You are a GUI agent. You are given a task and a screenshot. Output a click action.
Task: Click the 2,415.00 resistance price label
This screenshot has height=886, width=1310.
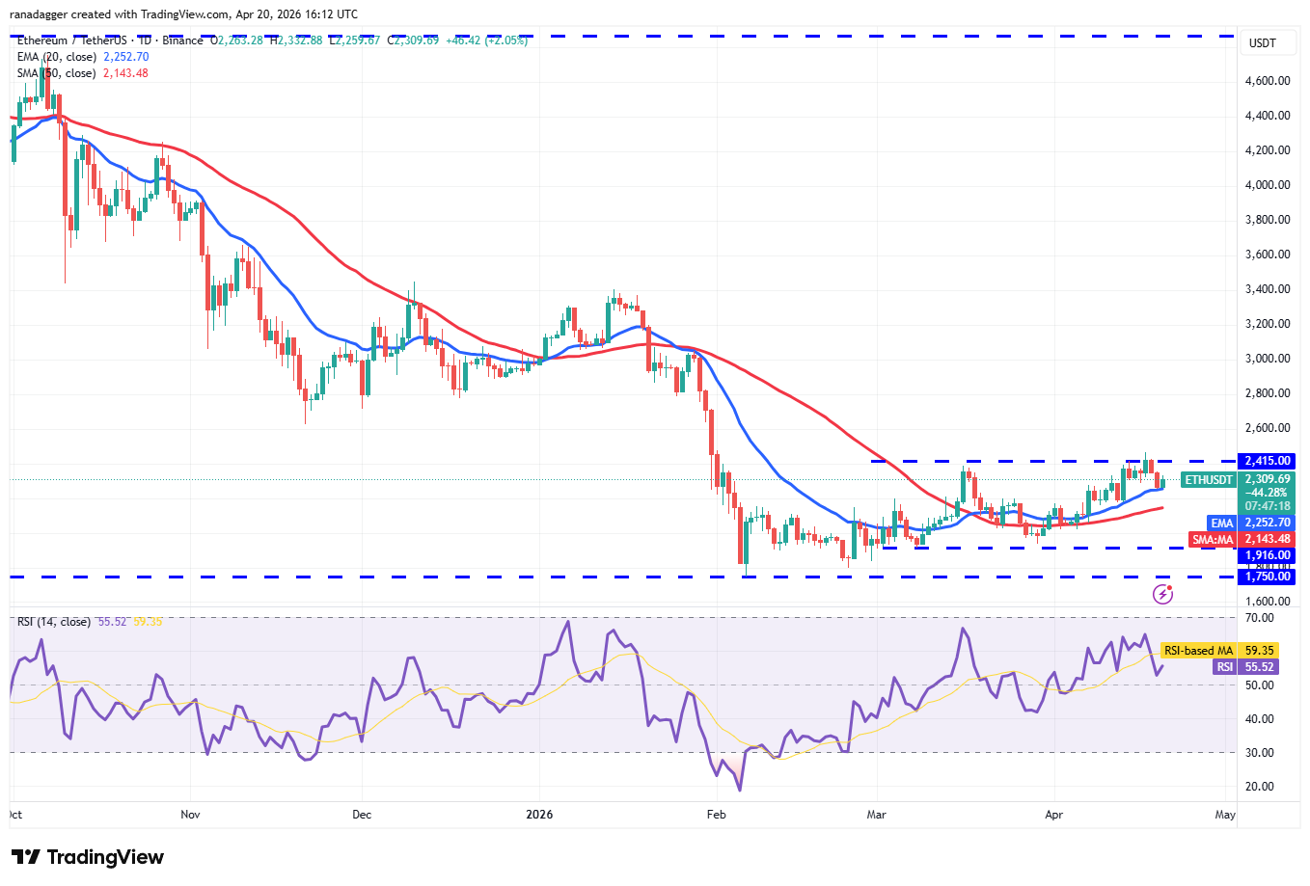[1268, 462]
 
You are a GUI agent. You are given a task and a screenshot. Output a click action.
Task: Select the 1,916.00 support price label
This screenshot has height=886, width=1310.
[1268, 555]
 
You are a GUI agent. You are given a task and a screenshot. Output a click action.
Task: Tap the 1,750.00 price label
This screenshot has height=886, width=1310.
[1268, 577]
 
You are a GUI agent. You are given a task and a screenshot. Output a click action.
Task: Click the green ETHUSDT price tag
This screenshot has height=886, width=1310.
[1209, 480]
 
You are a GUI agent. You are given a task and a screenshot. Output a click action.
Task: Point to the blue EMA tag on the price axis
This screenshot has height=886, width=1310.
[1222, 524]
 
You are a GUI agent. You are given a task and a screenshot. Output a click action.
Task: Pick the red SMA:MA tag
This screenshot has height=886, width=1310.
[1213, 540]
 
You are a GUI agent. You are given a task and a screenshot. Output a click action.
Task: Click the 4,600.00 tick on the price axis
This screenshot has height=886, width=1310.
[1268, 81]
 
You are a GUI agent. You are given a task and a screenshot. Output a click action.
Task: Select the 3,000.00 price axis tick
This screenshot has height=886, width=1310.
[1268, 359]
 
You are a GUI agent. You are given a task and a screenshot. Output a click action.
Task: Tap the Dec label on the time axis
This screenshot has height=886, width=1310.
[362, 815]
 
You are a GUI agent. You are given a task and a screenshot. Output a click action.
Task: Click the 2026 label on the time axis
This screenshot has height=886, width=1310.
[539, 815]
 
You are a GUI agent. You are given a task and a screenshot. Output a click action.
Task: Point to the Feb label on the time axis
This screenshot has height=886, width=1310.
[716, 815]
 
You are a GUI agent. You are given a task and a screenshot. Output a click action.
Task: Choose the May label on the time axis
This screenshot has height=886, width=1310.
[1225, 815]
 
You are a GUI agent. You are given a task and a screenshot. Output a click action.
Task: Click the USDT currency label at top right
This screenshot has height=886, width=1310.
[1263, 43]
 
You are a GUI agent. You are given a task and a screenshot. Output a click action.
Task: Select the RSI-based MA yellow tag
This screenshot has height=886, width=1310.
[1198, 651]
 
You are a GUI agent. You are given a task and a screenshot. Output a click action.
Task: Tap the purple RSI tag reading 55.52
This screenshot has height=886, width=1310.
[1224, 667]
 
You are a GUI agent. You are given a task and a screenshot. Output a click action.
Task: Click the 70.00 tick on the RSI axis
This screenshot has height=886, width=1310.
[1259, 618]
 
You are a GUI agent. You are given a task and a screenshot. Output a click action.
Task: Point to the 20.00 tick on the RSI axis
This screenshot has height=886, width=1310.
[1259, 787]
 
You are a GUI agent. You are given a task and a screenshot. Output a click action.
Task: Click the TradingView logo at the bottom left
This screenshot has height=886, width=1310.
[88, 857]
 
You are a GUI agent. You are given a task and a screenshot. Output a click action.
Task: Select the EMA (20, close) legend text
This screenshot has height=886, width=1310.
[56, 57]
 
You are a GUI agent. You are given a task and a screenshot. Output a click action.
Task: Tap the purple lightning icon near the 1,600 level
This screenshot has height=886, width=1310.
[1162, 594]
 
